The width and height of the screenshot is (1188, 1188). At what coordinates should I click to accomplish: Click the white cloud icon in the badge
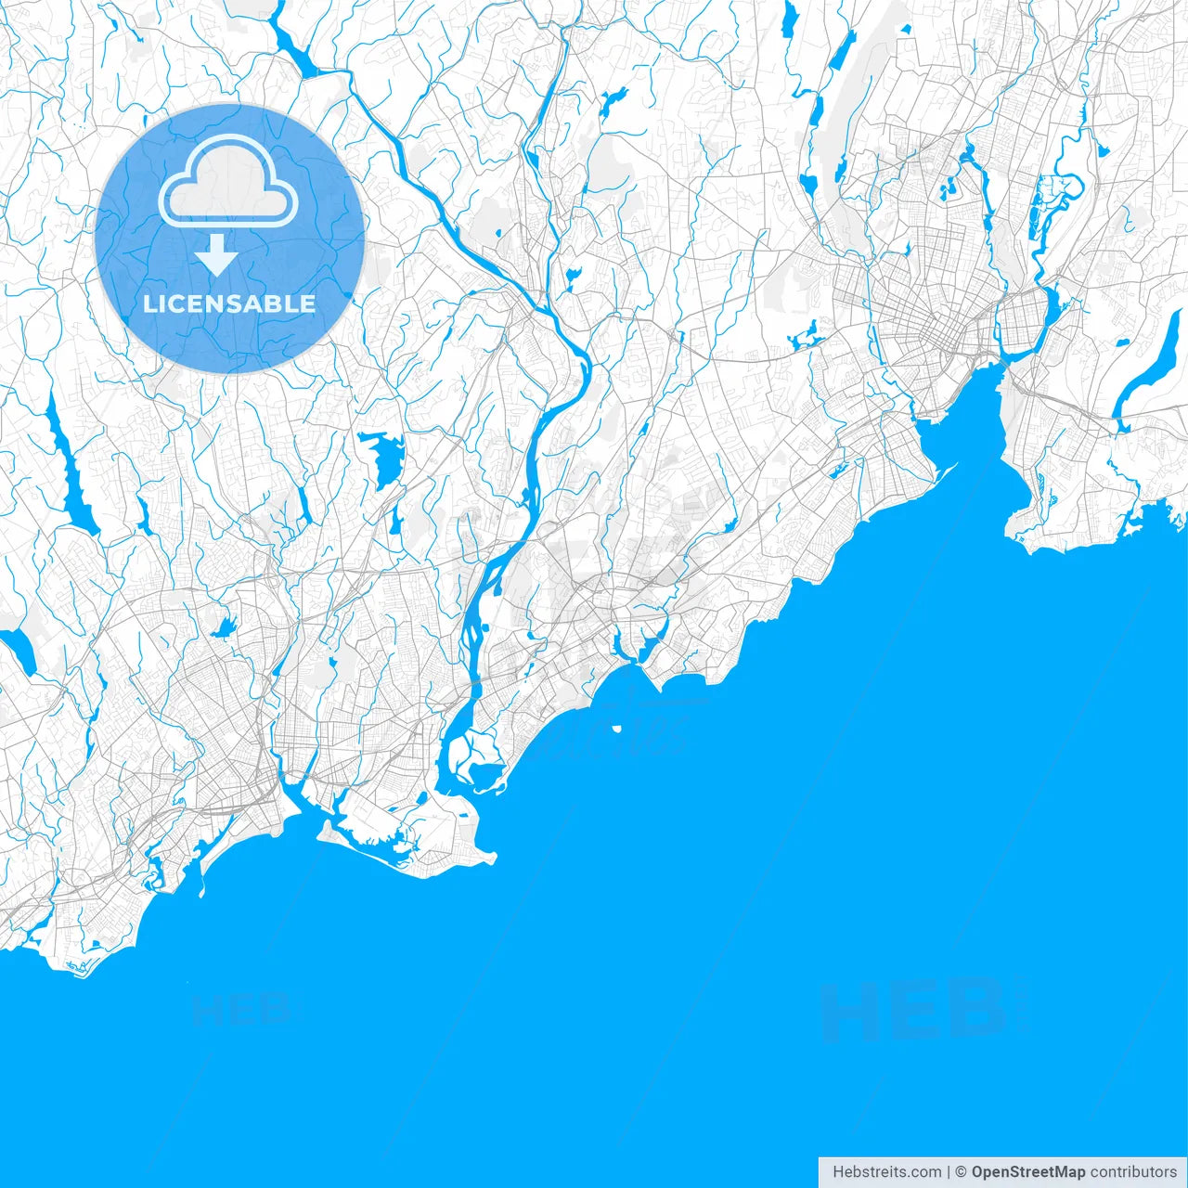click(228, 181)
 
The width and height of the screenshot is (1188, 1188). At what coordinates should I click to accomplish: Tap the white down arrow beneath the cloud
click(217, 254)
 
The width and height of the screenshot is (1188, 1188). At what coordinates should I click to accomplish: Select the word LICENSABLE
click(229, 303)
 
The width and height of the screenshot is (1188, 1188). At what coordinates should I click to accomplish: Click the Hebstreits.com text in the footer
click(886, 1172)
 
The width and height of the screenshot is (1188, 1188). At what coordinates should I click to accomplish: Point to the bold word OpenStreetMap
click(1027, 1172)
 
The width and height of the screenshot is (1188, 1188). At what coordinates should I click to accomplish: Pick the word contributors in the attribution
click(1133, 1172)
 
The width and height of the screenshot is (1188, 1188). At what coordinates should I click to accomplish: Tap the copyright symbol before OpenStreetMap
click(961, 1172)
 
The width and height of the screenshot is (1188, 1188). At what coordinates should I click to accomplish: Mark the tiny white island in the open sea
click(616, 729)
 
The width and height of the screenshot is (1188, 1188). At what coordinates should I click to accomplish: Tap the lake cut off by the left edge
click(19, 650)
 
